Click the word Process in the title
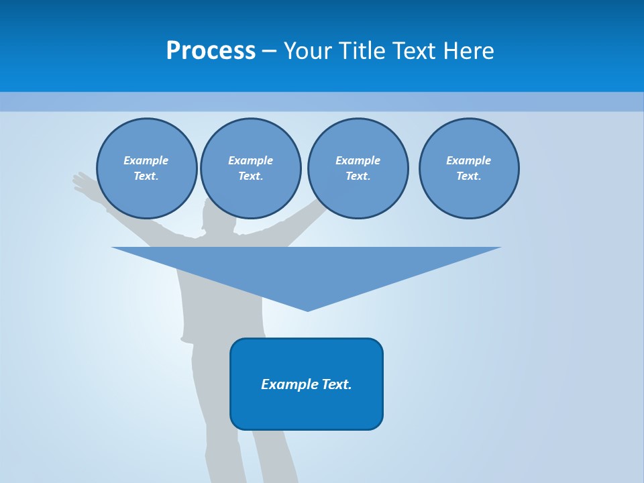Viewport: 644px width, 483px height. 211,51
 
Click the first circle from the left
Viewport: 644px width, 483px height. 147,168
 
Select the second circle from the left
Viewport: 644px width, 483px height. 251,168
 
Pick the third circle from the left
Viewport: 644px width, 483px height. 358,168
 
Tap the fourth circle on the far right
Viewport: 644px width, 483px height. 469,168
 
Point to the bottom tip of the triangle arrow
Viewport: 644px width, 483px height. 307,309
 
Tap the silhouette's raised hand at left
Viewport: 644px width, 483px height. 83,181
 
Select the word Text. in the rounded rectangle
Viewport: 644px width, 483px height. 337,384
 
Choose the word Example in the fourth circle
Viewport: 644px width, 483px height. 469,160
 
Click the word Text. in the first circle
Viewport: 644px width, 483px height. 146,176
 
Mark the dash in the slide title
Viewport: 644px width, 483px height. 270,51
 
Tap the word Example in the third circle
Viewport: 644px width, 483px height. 358,160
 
